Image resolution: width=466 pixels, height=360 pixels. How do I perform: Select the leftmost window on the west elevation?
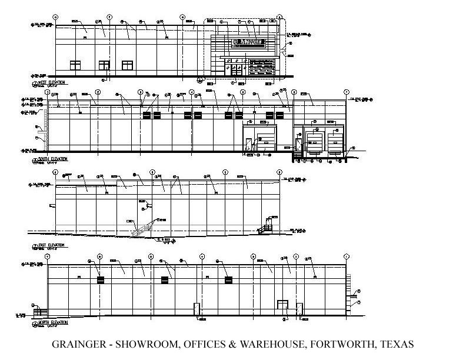[x=75, y=65]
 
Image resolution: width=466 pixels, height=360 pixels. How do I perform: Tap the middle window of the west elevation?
[x=104, y=65]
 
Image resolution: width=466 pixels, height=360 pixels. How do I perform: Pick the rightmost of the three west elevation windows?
[x=127, y=65]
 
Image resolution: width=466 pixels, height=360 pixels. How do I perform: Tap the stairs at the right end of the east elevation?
[x=268, y=225]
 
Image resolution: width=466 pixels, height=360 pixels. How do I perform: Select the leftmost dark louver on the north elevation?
[x=101, y=280]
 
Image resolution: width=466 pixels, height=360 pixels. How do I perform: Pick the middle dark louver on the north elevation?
[x=165, y=280]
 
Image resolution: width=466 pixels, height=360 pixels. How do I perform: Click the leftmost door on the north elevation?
[x=197, y=309]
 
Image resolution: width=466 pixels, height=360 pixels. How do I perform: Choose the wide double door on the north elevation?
[x=282, y=307]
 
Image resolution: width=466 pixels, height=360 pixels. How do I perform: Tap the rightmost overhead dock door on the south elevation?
[x=335, y=142]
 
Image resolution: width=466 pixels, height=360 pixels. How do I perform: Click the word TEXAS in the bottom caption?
[x=397, y=345]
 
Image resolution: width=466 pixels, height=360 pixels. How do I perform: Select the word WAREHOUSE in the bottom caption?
[x=274, y=345]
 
